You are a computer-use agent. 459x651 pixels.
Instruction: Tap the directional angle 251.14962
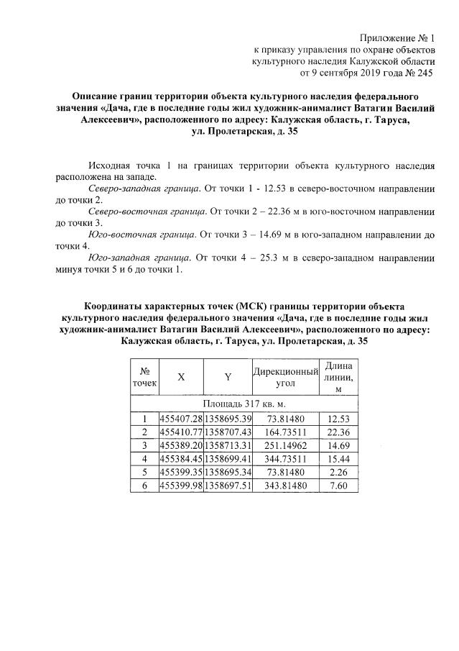pos(285,445)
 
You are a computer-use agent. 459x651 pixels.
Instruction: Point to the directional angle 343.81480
pos(285,486)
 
